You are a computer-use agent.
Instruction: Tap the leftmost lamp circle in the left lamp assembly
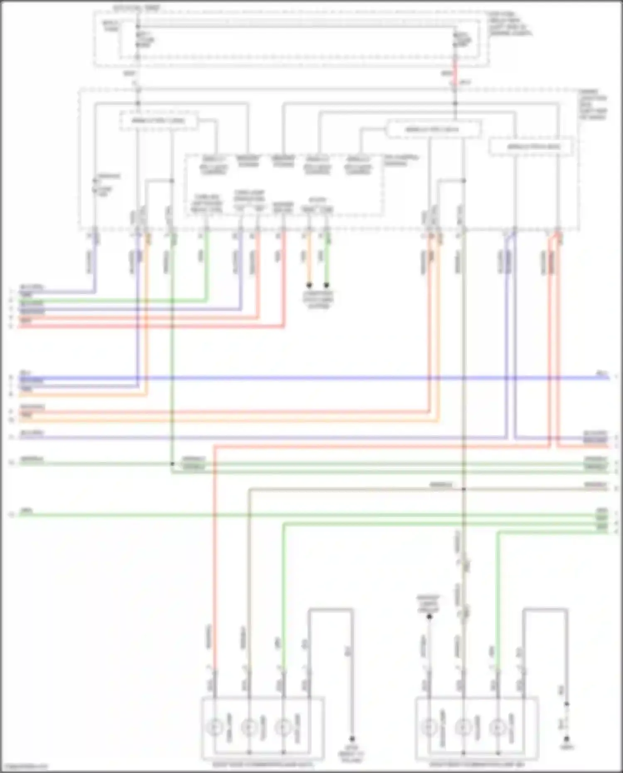click(x=215, y=727)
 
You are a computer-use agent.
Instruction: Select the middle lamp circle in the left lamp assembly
click(x=249, y=727)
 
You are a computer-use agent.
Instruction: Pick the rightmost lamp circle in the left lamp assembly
click(x=283, y=727)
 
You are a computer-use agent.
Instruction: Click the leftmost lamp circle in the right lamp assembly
click(x=429, y=727)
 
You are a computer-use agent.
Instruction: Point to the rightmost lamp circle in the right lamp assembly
click(x=498, y=727)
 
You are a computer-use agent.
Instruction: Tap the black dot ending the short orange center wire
click(x=309, y=285)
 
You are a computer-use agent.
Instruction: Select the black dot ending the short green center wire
click(x=326, y=285)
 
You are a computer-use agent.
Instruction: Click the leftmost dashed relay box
click(x=158, y=121)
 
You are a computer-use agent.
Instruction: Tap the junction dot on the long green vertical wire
click(x=172, y=464)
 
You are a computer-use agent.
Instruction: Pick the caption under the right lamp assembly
click(x=477, y=764)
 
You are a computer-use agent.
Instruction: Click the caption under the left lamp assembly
click(x=262, y=764)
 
